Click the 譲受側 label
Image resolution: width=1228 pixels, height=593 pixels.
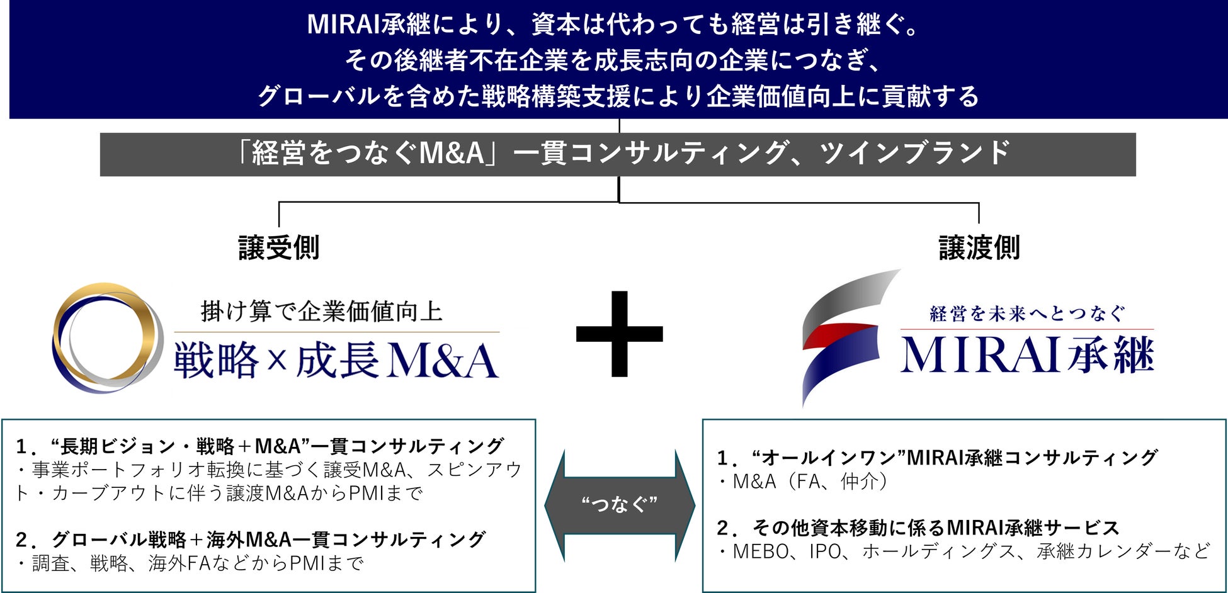pyautogui.click(x=278, y=247)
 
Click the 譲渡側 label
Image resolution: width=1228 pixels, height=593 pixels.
pyautogui.click(x=979, y=247)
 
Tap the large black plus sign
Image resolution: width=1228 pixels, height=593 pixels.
pyautogui.click(x=620, y=334)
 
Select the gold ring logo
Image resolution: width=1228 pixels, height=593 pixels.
pyautogui.click(x=107, y=337)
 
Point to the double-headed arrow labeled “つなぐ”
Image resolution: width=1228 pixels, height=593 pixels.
pyautogui.click(x=620, y=504)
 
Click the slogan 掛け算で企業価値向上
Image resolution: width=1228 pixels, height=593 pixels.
pyautogui.click(x=322, y=311)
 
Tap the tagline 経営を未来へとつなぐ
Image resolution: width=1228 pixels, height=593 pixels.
pyautogui.click(x=1026, y=313)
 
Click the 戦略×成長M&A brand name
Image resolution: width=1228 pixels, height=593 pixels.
pyautogui.click(x=336, y=361)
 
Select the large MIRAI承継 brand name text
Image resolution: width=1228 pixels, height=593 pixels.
pyautogui.click(x=1026, y=355)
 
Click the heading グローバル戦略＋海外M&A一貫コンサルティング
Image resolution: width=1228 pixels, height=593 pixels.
pyautogui.click(x=251, y=539)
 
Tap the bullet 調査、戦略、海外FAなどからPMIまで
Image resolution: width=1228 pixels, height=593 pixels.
pyautogui.click(x=189, y=563)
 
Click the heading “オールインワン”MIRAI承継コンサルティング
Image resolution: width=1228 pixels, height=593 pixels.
pyautogui.click(x=937, y=458)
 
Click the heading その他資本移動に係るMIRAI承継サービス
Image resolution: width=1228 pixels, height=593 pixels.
pyautogui.click(x=918, y=528)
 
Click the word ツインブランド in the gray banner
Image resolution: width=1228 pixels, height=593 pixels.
pyautogui.click(x=914, y=154)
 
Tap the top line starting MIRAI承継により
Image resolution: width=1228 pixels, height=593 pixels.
pyautogui.click(x=614, y=25)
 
